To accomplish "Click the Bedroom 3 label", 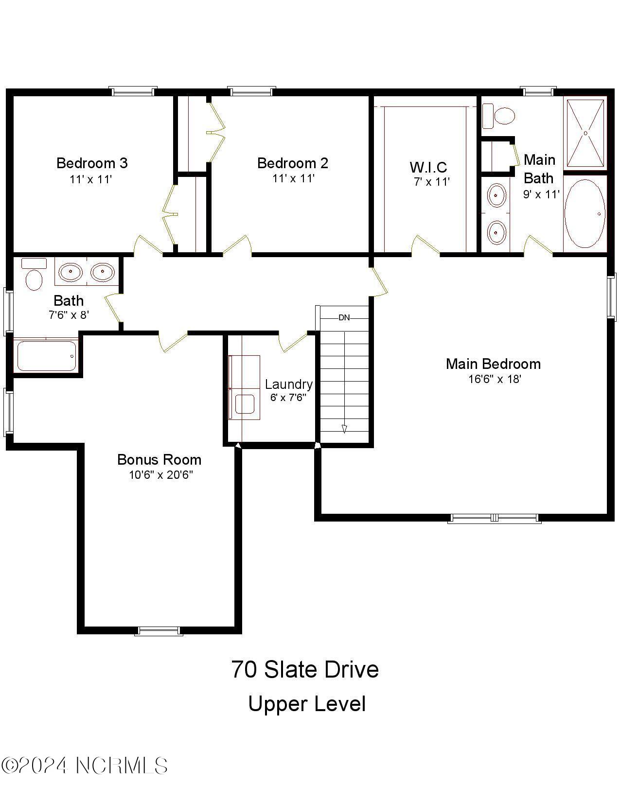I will [92, 163].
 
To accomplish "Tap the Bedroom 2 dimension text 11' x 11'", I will [293, 178].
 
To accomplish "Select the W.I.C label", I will [428, 167].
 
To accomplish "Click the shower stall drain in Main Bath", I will [585, 133].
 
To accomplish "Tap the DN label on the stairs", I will [344, 318].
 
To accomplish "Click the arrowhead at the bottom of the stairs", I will [344, 429].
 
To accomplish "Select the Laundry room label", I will [288, 384].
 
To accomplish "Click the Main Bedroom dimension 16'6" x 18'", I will [495, 379].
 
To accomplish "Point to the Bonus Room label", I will [159, 459].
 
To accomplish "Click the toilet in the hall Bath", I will [33, 276].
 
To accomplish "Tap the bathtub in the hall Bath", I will [46, 356].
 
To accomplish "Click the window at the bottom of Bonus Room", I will [159, 631].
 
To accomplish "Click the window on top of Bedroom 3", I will [133, 91].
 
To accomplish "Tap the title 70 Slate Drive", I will [304, 669].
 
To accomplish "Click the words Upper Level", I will [307, 704].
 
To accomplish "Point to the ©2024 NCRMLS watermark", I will [85, 766].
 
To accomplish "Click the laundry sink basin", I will [245, 404].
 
